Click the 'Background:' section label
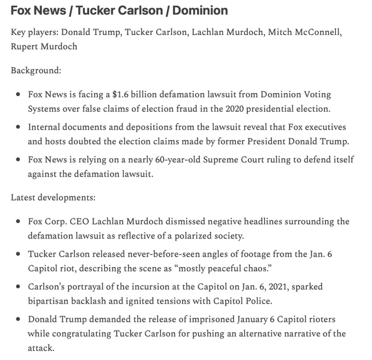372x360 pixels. click(x=36, y=71)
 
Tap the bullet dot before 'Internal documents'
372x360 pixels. click(x=19, y=127)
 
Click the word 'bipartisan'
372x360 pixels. click(x=49, y=300)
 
